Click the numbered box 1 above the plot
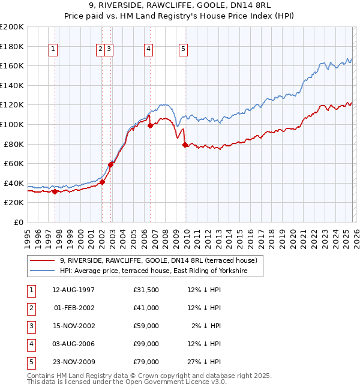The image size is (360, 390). [x=54, y=50]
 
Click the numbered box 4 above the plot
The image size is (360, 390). [x=148, y=50]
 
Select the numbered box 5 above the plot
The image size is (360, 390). [x=183, y=50]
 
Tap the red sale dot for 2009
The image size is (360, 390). [x=185, y=145]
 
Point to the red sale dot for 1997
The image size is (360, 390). [x=55, y=191]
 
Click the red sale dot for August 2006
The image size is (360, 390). [x=150, y=125]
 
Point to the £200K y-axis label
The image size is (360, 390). [x=12, y=27]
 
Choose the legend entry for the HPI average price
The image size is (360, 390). [x=161, y=271]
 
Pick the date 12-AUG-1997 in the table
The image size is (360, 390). [x=73, y=290]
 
